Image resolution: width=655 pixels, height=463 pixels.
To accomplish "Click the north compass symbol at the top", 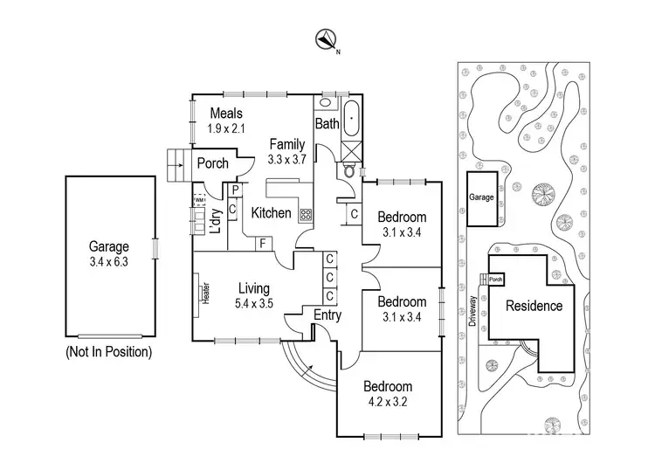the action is coord(327,38).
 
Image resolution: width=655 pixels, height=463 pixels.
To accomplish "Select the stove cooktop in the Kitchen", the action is coord(306,215).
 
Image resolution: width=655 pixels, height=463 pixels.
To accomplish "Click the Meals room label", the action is coord(225,114).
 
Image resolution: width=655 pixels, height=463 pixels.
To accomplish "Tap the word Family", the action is coord(286,144).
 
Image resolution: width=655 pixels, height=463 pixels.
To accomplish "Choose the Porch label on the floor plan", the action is coord(211,163).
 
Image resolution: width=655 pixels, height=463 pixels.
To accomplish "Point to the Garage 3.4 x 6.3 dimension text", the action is coord(109,262).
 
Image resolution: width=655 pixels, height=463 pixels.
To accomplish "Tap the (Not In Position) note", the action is coord(108,353).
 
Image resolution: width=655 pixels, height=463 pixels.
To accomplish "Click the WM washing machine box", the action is coord(200,200).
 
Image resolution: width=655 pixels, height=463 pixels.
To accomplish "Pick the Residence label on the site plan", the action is coord(533,307).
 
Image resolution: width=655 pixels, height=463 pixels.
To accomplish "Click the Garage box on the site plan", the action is coord(482,197).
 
